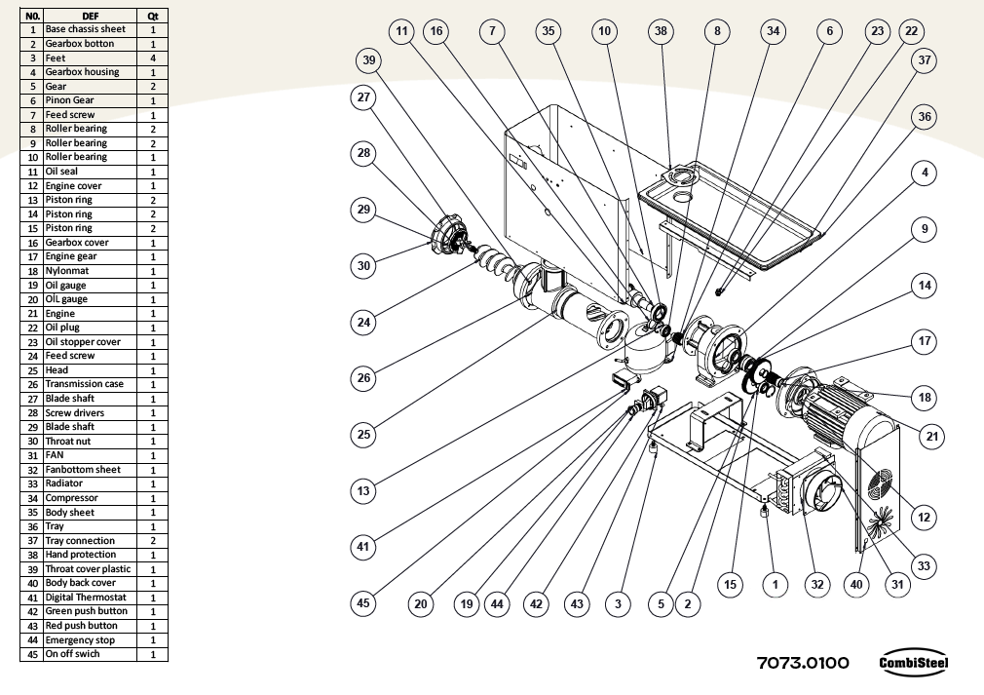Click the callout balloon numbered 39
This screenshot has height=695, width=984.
(368, 60)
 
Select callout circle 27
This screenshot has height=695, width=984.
(363, 97)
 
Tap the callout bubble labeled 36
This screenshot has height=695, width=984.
(925, 117)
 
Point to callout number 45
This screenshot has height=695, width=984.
(363, 603)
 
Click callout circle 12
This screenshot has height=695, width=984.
(925, 517)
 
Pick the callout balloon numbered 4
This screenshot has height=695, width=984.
(925, 174)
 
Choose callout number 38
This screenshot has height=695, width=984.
(662, 31)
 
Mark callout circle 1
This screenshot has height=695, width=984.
(775, 584)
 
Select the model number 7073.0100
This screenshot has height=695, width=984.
(803, 663)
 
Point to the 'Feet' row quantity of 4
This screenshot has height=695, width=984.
(153, 58)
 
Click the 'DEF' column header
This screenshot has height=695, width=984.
(90, 16)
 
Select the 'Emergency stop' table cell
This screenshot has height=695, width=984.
(80, 640)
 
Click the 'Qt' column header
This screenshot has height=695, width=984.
(153, 16)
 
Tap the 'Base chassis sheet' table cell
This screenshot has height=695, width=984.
(86, 29)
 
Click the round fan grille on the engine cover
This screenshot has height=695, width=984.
(883, 483)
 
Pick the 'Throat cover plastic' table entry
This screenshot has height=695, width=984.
(88, 569)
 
